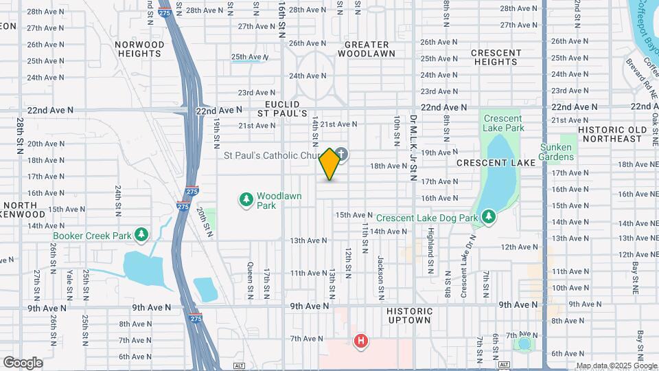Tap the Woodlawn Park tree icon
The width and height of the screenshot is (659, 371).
click(x=246, y=200)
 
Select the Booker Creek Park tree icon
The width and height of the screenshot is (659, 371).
click(x=141, y=236)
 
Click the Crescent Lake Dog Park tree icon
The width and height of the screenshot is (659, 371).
click(x=488, y=218)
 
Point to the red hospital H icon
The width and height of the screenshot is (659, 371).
click(x=360, y=341)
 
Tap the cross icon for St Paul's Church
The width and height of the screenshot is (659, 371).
click(x=341, y=155)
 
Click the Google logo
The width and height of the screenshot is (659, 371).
click(x=23, y=363)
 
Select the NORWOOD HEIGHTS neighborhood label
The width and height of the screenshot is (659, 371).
click(x=140, y=49)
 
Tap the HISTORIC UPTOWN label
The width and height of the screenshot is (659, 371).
click(x=408, y=315)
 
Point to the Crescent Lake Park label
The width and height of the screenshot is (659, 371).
click(x=503, y=123)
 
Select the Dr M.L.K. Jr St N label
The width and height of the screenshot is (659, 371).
click(x=413, y=147)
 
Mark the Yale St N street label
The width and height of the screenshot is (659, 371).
click(x=69, y=284)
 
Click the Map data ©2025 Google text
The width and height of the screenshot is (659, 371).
click(x=616, y=366)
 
